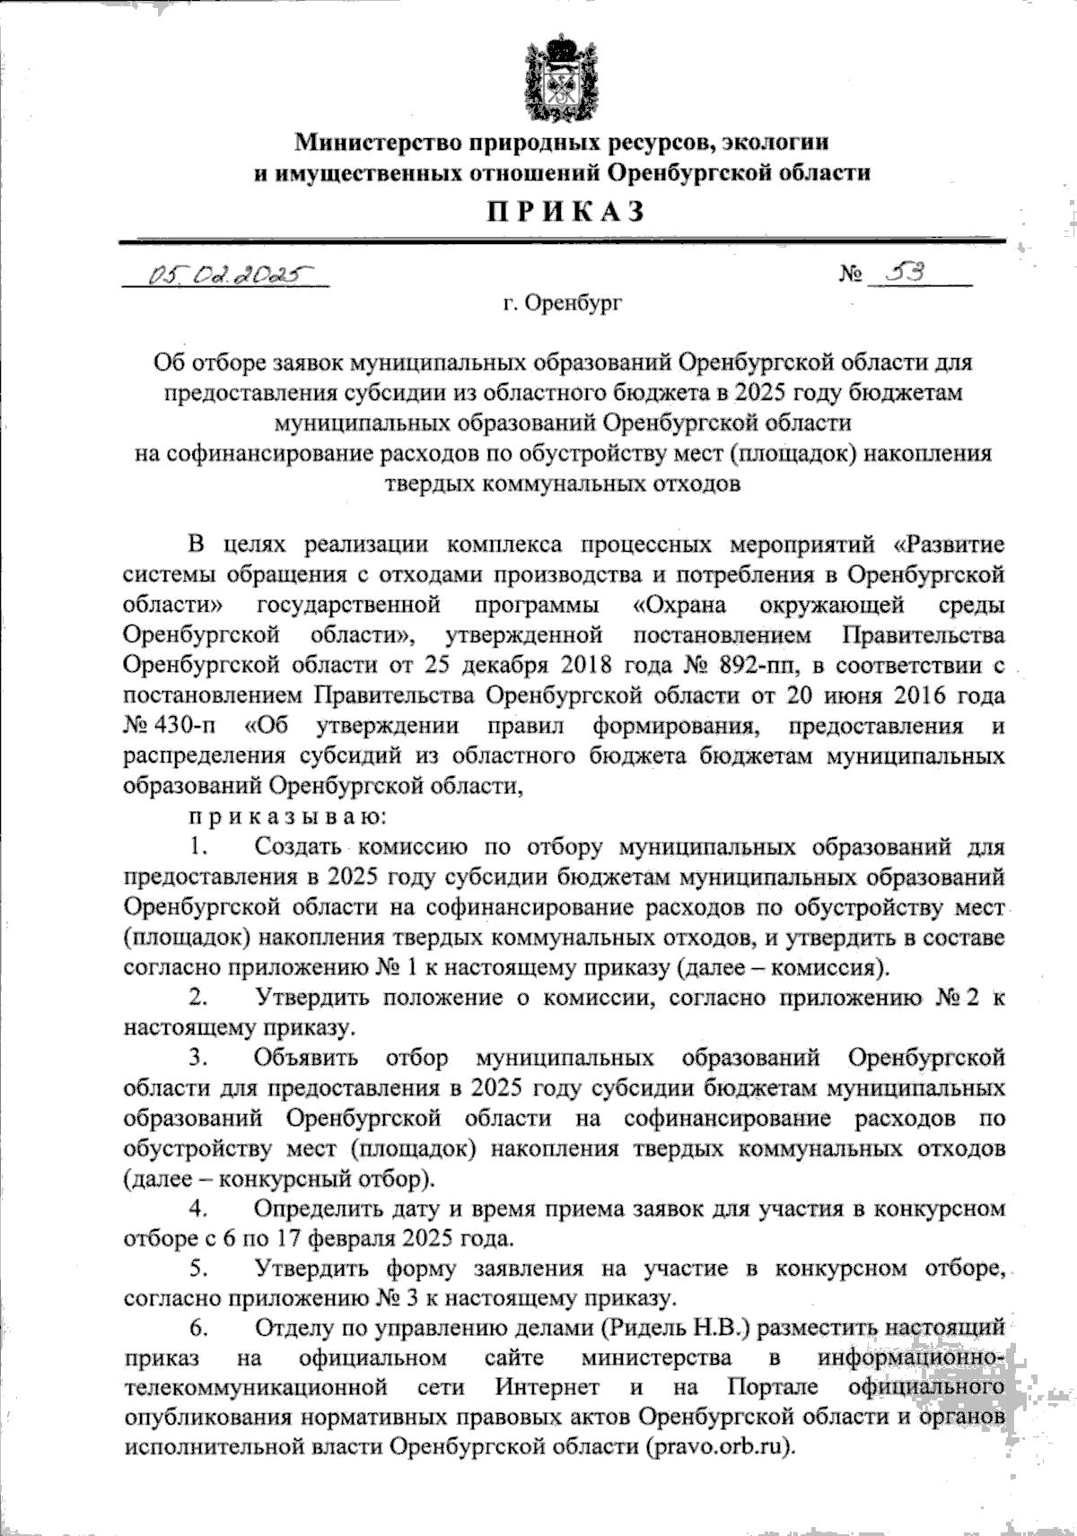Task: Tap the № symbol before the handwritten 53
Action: point(852,274)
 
